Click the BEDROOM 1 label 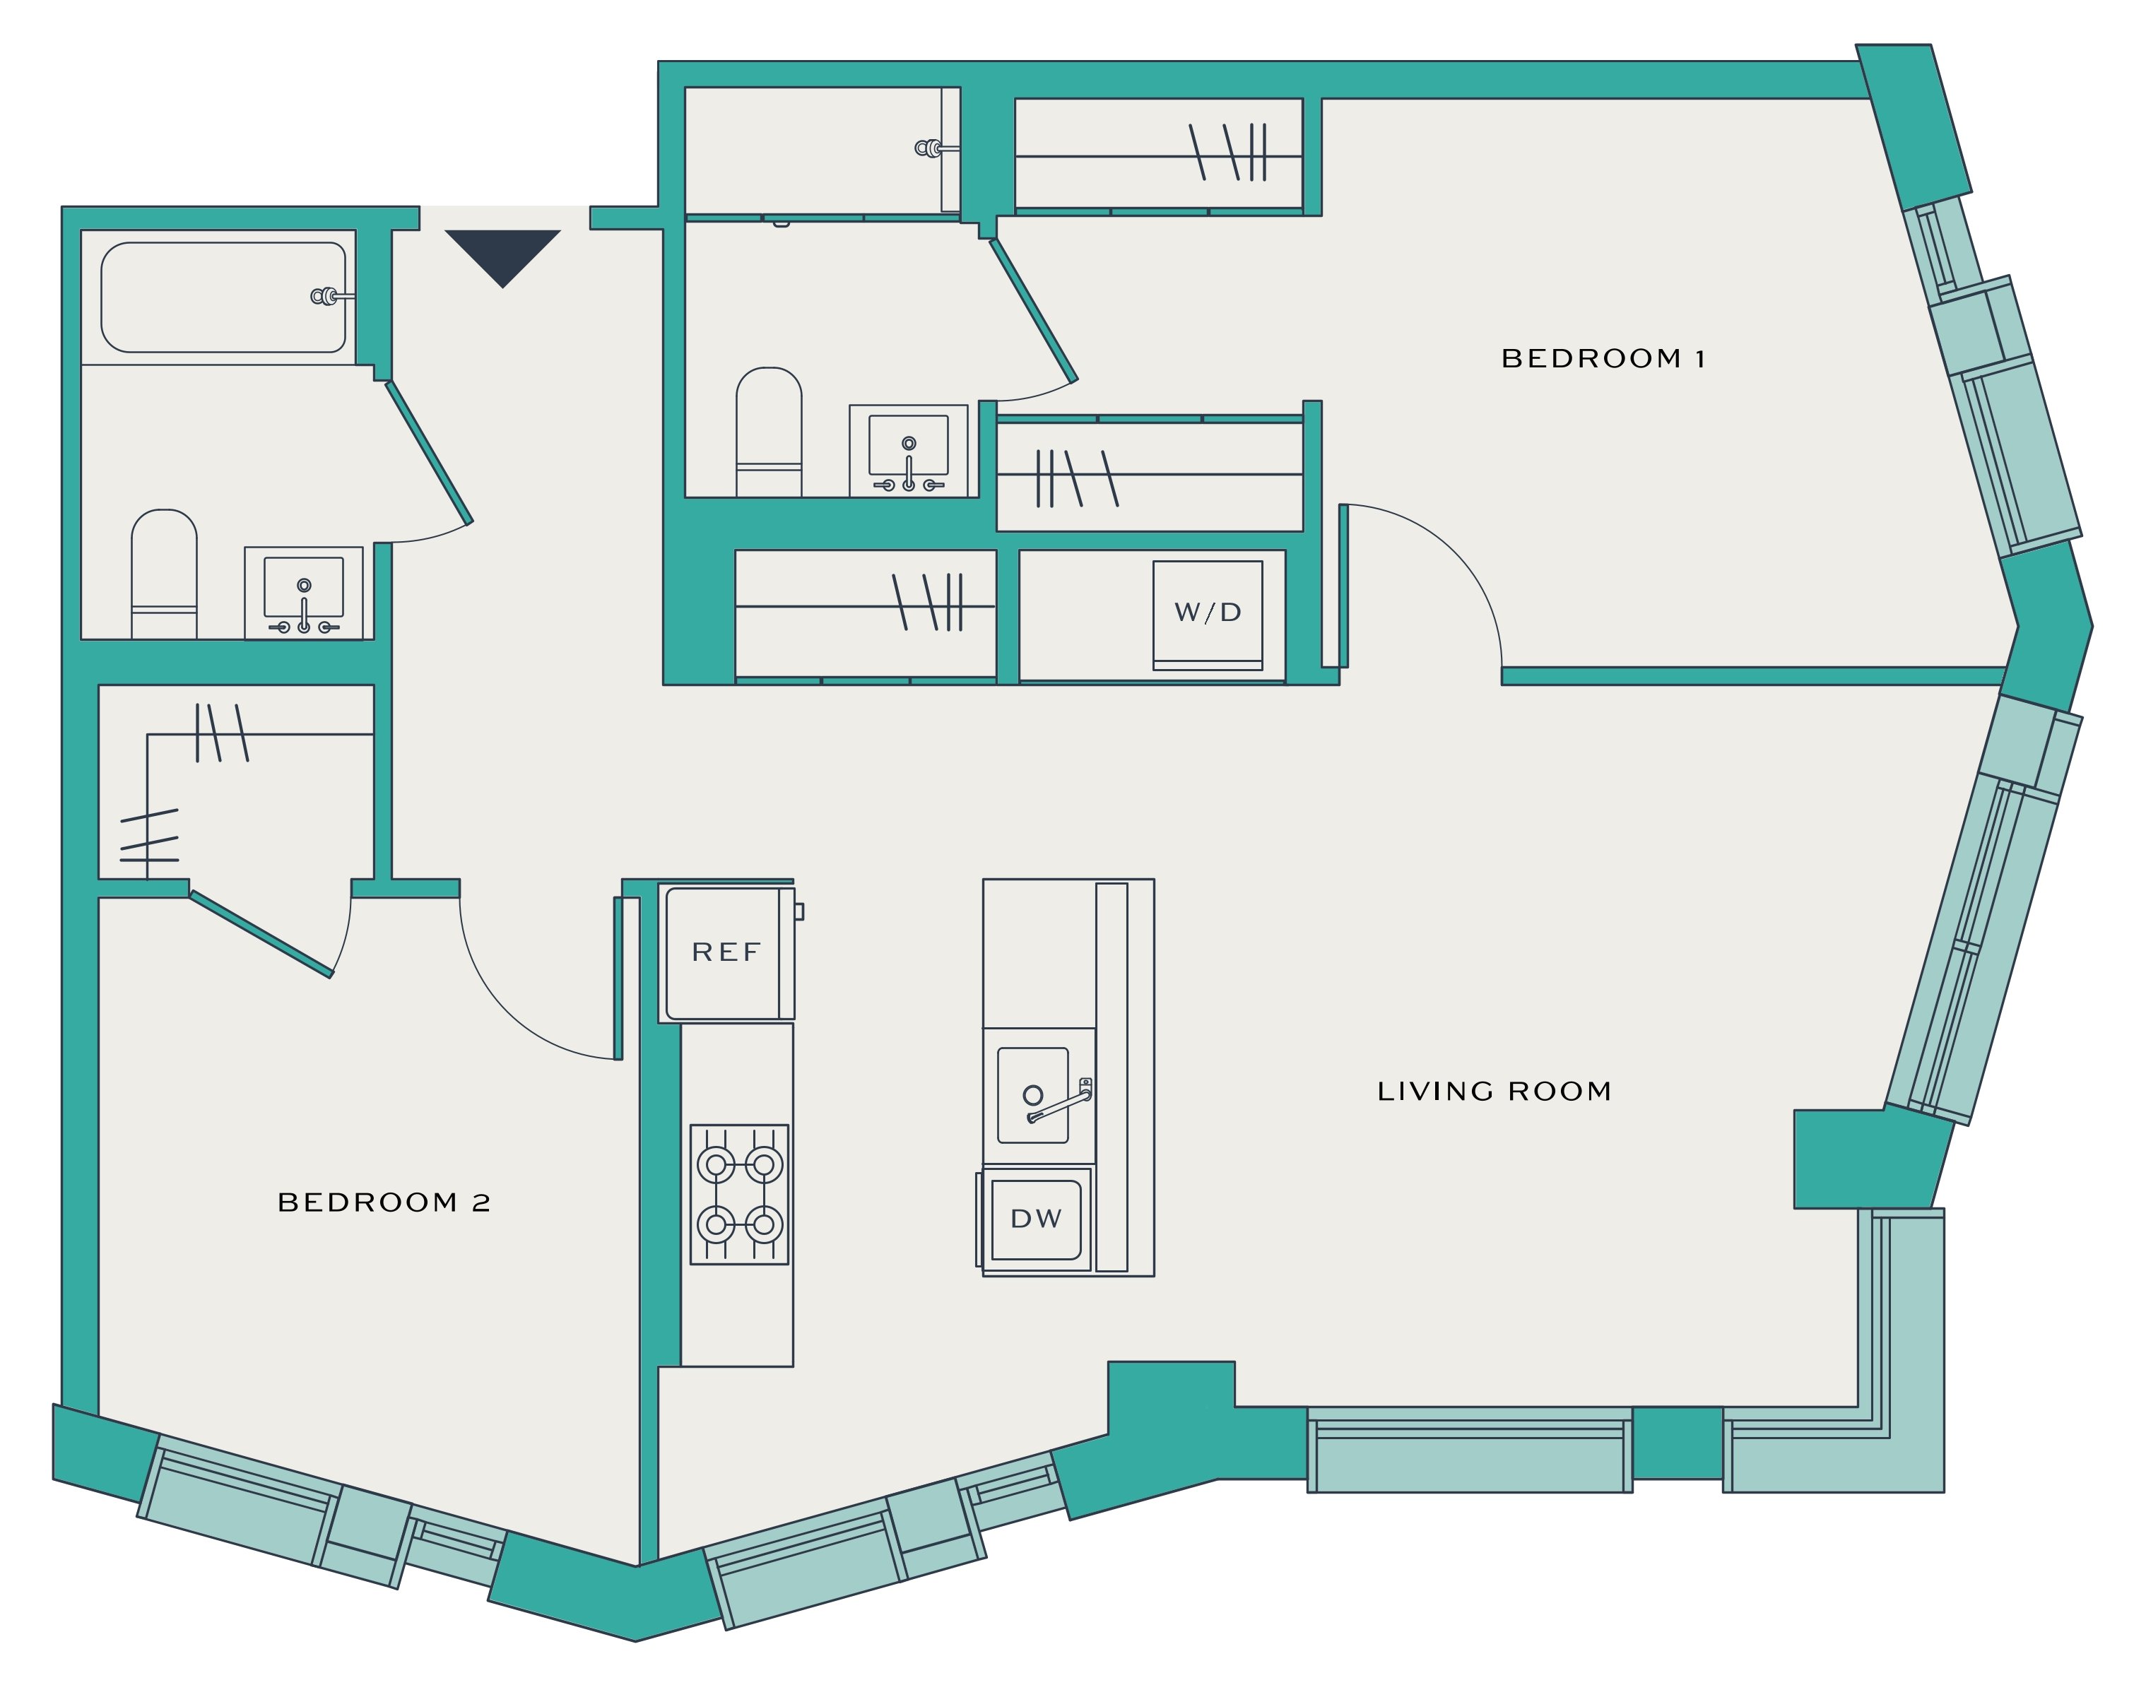(1603, 358)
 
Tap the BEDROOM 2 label (384, 1202)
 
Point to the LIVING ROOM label (1494, 1091)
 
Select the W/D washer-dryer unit (1208, 615)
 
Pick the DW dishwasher (1035, 1219)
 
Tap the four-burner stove (740, 1195)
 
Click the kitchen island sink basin (1033, 1095)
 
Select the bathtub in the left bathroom (223, 297)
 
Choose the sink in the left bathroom (304, 593)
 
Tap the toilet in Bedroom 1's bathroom (769, 431)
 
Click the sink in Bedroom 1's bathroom (909, 450)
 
